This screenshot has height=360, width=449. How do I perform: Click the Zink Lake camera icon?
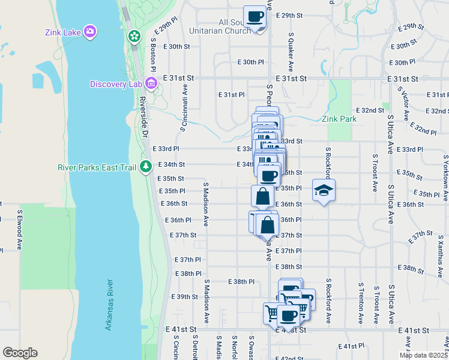pos(90,31)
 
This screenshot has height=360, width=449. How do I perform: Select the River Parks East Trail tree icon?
pos(145,166)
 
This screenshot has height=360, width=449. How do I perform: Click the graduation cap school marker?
pos(324,191)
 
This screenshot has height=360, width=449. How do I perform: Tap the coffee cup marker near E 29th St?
pos(255,16)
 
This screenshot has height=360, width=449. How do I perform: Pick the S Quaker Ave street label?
pos(291,52)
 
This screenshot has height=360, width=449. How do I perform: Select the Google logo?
pos(20,353)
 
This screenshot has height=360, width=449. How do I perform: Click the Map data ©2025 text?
pos(423,355)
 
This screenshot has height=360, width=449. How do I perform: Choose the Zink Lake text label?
pos(63,31)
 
